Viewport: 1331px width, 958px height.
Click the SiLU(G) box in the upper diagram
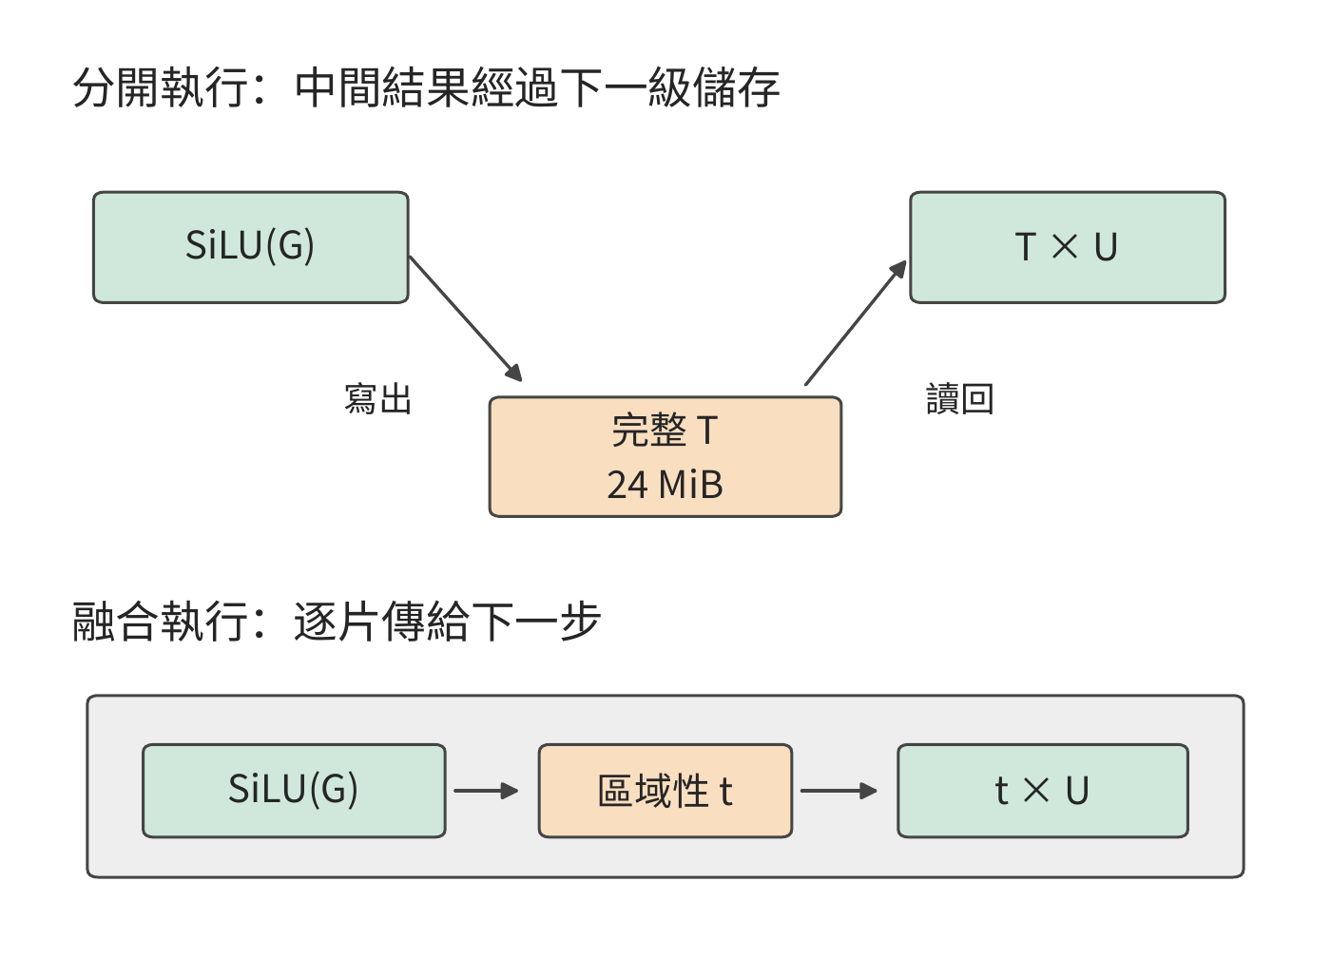pyautogui.click(x=251, y=247)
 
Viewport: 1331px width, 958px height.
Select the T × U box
pyautogui.click(x=1067, y=247)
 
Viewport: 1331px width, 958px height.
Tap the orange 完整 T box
pyautogui.click(x=665, y=456)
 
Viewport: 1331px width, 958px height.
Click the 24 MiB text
pyautogui.click(x=665, y=485)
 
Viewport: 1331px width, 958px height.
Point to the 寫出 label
pyautogui.click(x=378, y=398)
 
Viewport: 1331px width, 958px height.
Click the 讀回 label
pyautogui.click(x=959, y=398)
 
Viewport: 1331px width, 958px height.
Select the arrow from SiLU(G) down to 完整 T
pyautogui.click(x=466, y=319)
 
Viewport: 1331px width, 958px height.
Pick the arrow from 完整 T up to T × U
pyautogui.click(x=856, y=322)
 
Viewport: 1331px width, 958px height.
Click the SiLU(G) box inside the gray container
pyautogui.click(x=294, y=791)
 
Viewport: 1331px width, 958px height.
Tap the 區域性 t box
pyautogui.click(x=665, y=791)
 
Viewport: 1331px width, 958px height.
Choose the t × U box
pyautogui.click(x=1043, y=791)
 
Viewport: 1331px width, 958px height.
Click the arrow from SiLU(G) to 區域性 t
pyautogui.click(x=486, y=791)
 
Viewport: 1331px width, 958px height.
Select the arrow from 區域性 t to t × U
pyautogui.click(x=839, y=791)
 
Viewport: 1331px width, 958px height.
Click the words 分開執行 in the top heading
pyautogui.click(x=161, y=87)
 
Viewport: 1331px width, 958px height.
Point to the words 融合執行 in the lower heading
pyautogui.click(x=161, y=622)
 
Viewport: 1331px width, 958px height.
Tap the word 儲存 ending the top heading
pyautogui.click(x=736, y=87)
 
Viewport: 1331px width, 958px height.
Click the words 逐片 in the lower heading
pyautogui.click(x=338, y=622)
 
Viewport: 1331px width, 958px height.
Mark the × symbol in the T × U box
pyautogui.click(x=1064, y=246)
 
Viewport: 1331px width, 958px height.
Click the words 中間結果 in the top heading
pyautogui.click(x=382, y=87)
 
